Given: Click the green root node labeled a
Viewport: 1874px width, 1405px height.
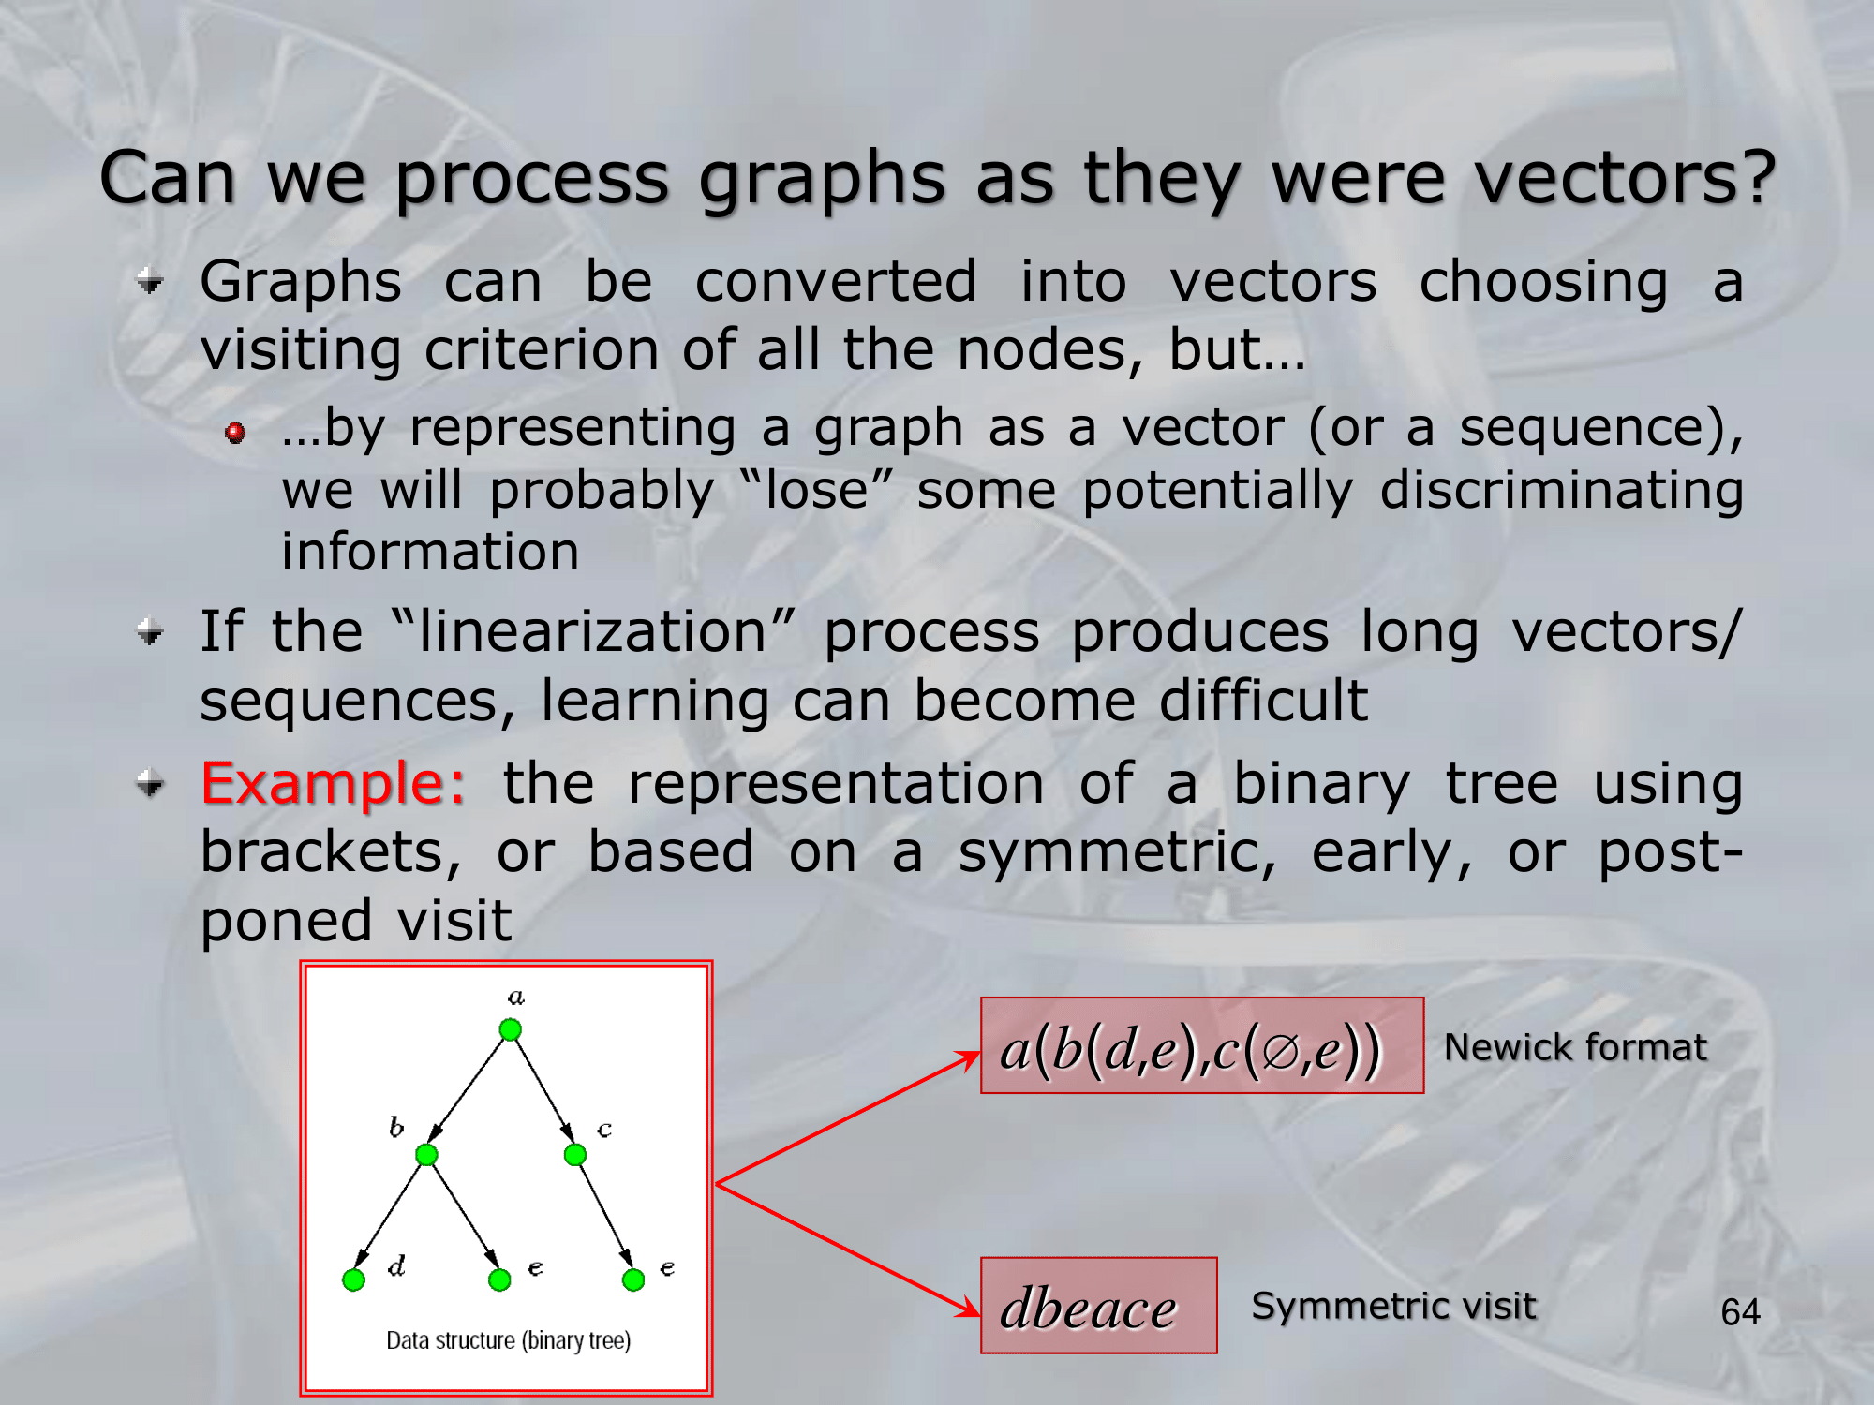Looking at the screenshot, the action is point(510,1030).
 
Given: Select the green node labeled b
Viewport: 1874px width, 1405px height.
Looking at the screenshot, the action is point(426,1155).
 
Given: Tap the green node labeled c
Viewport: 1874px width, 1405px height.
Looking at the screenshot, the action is point(575,1155).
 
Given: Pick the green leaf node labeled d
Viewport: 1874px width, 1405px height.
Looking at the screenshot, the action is point(353,1279).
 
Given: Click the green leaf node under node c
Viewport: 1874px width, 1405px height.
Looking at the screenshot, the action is point(633,1279).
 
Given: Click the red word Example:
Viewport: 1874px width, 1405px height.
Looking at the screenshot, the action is point(333,783).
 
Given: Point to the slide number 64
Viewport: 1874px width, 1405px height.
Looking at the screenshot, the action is point(1740,1311).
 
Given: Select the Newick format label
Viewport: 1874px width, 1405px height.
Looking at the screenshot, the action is point(1576,1047).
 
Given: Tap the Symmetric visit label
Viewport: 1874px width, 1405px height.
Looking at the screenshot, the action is point(1394,1306).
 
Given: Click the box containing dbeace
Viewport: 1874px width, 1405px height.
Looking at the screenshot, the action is point(1099,1306).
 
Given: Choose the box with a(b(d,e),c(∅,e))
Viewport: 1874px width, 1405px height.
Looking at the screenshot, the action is point(1202,1045).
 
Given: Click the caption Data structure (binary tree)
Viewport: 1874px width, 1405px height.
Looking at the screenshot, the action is point(508,1340).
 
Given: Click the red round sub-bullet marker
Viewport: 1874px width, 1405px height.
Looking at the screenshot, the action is point(235,432).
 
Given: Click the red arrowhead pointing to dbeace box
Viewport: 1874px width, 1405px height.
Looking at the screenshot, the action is point(969,1306).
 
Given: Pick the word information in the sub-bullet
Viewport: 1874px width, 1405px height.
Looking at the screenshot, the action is point(430,551).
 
